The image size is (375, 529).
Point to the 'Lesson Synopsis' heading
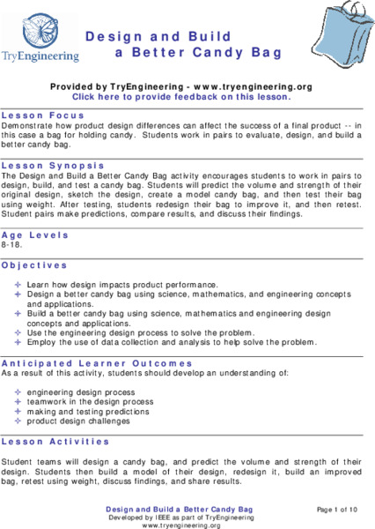pyautogui.click(x=54, y=165)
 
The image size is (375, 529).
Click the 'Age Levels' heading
pyautogui.click(x=36, y=235)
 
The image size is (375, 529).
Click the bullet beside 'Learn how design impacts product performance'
pyautogui.click(x=18, y=286)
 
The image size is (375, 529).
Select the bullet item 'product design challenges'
pyautogui.click(x=78, y=421)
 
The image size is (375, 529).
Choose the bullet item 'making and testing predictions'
pyautogui.click(x=82, y=411)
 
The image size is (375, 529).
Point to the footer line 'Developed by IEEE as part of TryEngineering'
pyautogui.click(x=180, y=518)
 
